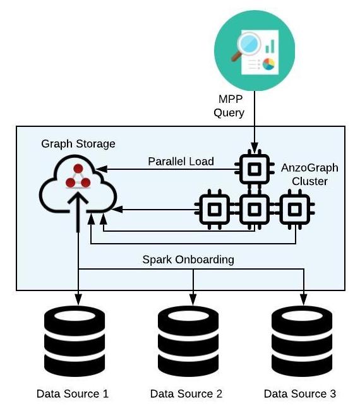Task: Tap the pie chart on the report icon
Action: pyautogui.click(x=268, y=64)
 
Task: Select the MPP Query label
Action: pyautogui.click(x=229, y=106)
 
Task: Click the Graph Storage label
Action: pyautogui.click(x=78, y=144)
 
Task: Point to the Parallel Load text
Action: pyautogui.click(x=181, y=161)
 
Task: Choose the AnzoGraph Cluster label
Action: pyautogui.click(x=309, y=174)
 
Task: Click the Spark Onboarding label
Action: pyautogui.click(x=188, y=260)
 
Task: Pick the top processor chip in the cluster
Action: pyautogui.click(x=255, y=169)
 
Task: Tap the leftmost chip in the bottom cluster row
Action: pyautogui.click(x=215, y=209)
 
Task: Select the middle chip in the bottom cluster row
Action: pyautogui.click(x=255, y=209)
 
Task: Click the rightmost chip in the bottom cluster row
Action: pyautogui.click(x=295, y=209)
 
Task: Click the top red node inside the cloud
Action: pyautogui.click(x=78, y=169)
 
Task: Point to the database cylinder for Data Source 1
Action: pyautogui.click(x=75, y=341)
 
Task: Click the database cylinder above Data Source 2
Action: pyautogui.click(x=188, y=341)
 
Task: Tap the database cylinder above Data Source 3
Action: pyautogui.click(x=302, y=341)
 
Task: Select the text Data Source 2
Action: pyautogui.click(x=186, y=394)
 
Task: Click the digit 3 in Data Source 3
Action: pyautogui.click(x=333, y=394)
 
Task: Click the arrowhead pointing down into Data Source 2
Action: pyautogui.click(x=193, y=299)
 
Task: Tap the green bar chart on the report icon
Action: pyautogui.click(x=270, y=46)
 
